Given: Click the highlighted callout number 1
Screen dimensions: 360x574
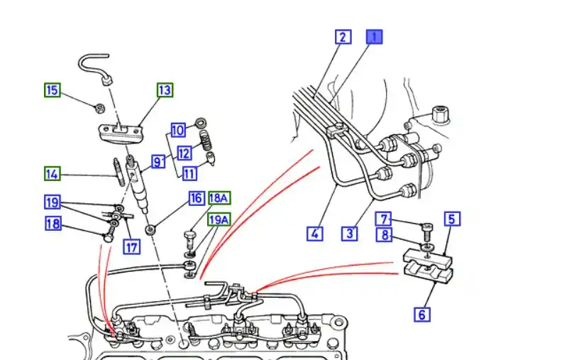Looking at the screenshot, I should pos(374,36).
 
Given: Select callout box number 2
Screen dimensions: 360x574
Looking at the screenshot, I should pos(343,36).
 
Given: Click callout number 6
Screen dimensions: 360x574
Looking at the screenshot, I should pos(422,313).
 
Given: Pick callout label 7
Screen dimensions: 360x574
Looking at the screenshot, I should pos(384,219).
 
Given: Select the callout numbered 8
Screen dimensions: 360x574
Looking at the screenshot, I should pos(384,234).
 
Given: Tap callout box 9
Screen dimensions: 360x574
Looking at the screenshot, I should pos(157,162).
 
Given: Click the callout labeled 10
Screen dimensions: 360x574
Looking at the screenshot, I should pos(178,130).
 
